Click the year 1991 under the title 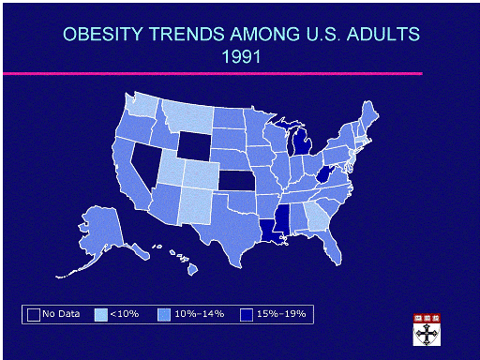[241, 57]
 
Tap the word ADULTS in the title [383, 34]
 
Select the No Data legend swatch [34, 315]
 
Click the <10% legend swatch [101, 315]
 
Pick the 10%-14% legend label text [200, 314]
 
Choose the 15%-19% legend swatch [247, 315]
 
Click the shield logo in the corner [427, 330]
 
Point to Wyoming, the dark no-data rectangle [194, 144]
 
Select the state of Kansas [236, 180]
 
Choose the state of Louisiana [271, 232]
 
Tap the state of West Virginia [324, 174]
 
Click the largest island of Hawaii [193, 269]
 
